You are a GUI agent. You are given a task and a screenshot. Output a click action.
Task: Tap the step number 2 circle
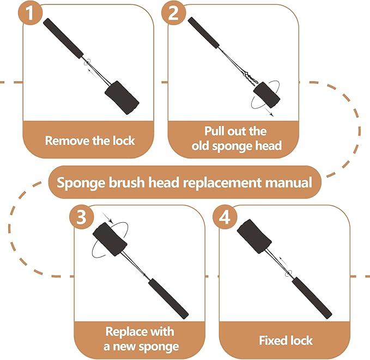173,14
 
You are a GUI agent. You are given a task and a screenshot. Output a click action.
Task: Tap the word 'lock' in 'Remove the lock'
123,141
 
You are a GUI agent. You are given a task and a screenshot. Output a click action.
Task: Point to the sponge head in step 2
267,96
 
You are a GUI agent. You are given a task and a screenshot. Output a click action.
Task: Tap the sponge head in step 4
254,234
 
